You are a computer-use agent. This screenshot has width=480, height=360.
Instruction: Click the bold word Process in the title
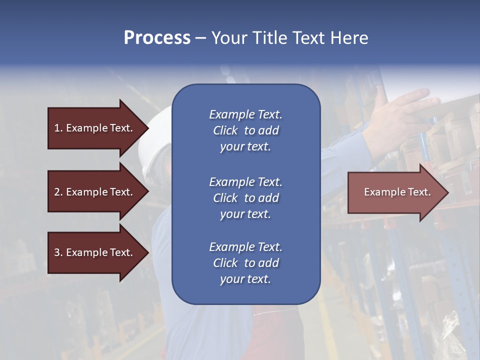[157, 38]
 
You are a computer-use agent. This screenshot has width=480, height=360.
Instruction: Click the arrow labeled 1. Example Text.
[95, 128]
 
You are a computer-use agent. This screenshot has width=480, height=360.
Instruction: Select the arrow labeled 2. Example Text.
[95, 192]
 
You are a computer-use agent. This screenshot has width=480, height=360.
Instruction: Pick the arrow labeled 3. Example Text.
[95, 252]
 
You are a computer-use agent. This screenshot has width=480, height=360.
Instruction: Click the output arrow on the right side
[395, 192]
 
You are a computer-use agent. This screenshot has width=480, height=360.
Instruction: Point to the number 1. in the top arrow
[58, 128]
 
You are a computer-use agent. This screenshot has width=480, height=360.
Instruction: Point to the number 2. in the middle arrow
[58, 192]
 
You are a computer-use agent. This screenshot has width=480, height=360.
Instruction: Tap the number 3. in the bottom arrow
[58, 252]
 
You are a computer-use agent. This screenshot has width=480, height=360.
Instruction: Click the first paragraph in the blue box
[245, 130]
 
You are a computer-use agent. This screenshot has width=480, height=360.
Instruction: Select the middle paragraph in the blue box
[245, 198]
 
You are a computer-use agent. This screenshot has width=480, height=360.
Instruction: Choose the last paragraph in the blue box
[245, 263]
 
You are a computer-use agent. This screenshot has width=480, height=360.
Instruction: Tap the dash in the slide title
[201, 38]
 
